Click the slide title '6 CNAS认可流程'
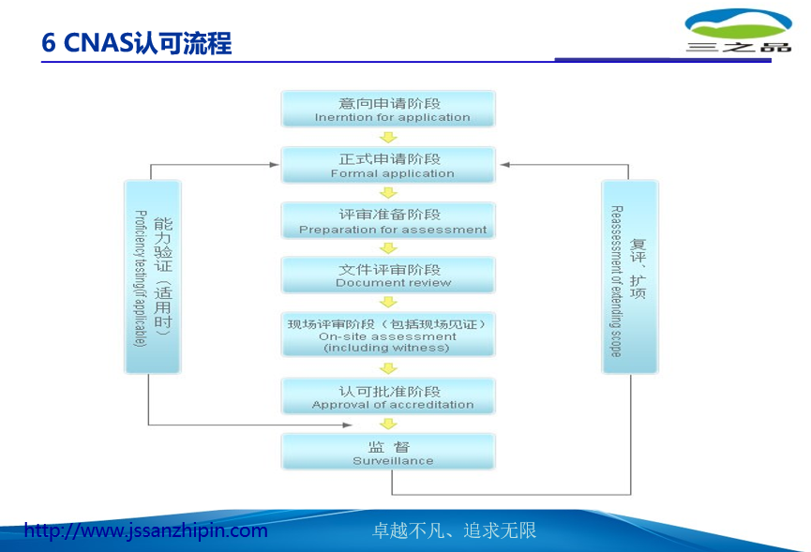pos(137,43)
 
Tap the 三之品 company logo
pos(738,31)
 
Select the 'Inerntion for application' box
pos(389,110)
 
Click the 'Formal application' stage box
pos(389,165)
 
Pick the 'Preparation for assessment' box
pos(389,220)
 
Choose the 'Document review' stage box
pos(389,275)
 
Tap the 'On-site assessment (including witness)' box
pos(389,335)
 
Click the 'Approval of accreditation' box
pos(389,396)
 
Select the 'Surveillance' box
pos(389,452)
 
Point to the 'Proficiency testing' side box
pos(153,277)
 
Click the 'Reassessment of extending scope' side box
pos(629,277)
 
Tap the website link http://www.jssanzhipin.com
pos(145,531)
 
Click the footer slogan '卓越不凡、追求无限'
pos(455,531)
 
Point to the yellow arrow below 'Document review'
pos(388,302)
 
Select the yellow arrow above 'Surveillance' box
pos(388,424)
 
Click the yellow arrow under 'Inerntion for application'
pos(388,138)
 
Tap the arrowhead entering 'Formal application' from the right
pos(504,165)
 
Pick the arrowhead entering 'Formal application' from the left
pos(274,165)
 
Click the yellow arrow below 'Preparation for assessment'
pos(388,247)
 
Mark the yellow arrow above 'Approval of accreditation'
pos(388,367)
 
